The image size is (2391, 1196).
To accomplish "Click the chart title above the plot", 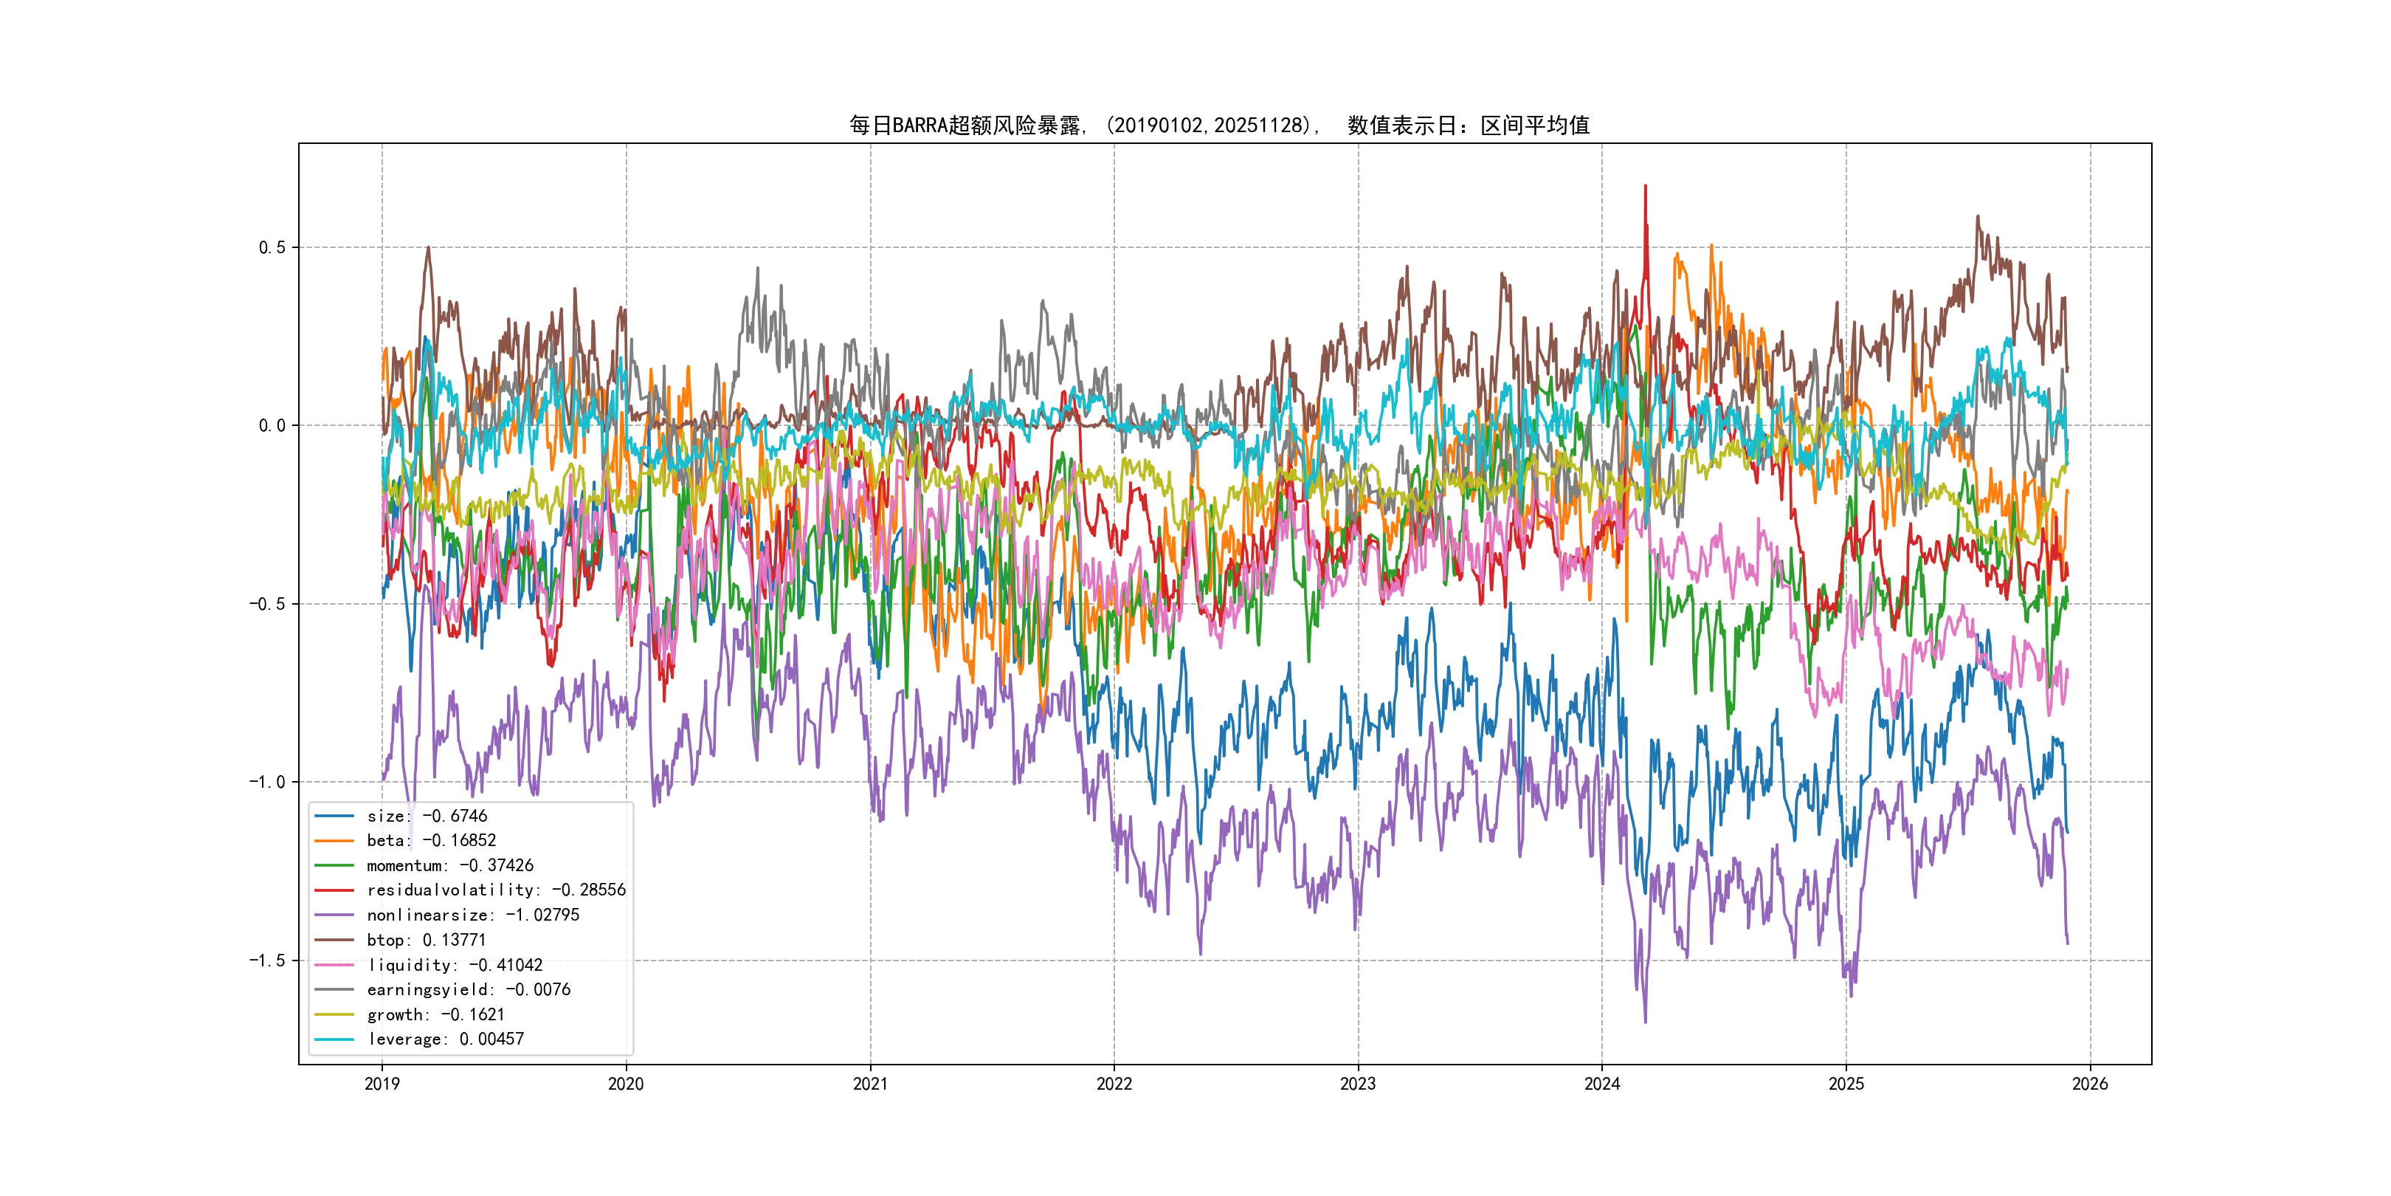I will pyautogui.click(x=1218, y=126).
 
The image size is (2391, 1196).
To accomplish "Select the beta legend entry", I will pyautogui.click(x=431, y=840).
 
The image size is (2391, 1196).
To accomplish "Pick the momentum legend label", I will pyautogui.click(x=449, y=865).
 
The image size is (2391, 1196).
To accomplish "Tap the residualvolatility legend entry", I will pyautogui.click(x=496, y=890).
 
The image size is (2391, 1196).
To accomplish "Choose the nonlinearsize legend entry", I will pyautogui.click(x=472, y=915).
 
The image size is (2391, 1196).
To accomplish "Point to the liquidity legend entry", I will pyautogui.click(x=454, y=966).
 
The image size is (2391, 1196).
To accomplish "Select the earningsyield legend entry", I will pyautogui.click(x=468, y=990).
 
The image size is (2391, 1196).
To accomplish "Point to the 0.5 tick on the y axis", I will pyautogui.click(x=272, y=247).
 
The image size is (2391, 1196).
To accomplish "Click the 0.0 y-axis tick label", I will pyautogui.click(x=272, y=425).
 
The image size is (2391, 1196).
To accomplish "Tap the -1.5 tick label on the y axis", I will pyautogui.click(x=266, y=960).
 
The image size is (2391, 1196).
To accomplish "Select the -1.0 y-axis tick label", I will pyautogui.click(x=266, y=782).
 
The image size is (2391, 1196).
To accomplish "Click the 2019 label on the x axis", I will pyautogui.click(x=382, y=1084).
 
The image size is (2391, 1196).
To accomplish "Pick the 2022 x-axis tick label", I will pyautogui.click(x=1114, y=1084).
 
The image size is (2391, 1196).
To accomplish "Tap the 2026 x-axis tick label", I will pyautogui.click(x=2090, y=1084).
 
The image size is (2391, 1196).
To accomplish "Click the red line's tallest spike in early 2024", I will pyautogui.click(x=1646, y=187).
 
